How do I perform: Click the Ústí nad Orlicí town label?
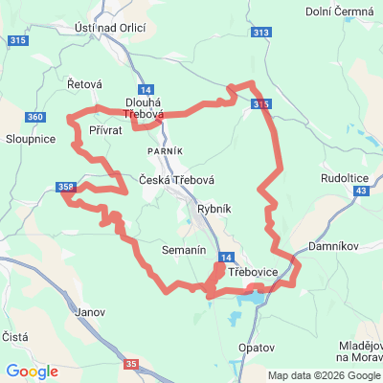[109, 28]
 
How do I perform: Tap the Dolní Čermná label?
[336, 11]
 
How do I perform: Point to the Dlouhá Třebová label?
[145, 108]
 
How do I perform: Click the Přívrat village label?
[105, 128]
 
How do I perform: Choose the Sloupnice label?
[28, 139]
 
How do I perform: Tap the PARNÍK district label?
[165, 152]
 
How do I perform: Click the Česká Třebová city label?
[176, 179]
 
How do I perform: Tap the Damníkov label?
[332, 246]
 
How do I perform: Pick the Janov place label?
[89, 311]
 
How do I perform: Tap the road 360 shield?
[35, 117]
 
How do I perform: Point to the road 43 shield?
[360, 191]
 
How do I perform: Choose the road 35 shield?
[131, 363]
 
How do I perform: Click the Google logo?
[32, 372]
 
